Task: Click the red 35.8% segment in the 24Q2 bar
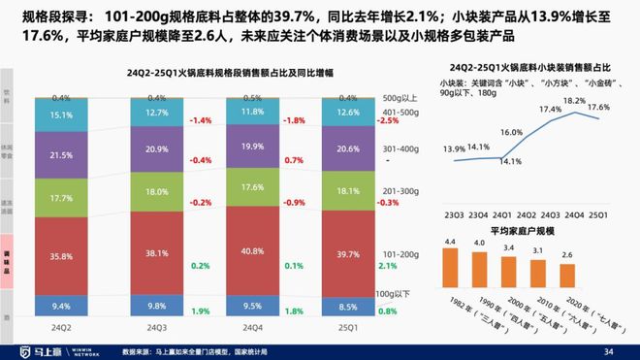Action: coord(61,256)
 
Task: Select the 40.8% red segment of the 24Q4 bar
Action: coord(251,249)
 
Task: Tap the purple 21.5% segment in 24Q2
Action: coord(61,155)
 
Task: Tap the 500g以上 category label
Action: coord(401,98)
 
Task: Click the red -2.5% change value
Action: coord(388,121)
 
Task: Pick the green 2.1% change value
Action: coord(388,265)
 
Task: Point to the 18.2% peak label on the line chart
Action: coord(574,101)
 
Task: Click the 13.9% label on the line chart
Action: coord(453,148)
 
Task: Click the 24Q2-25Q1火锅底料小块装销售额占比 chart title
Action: coord(525,67)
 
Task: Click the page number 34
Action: coord(608,350)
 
